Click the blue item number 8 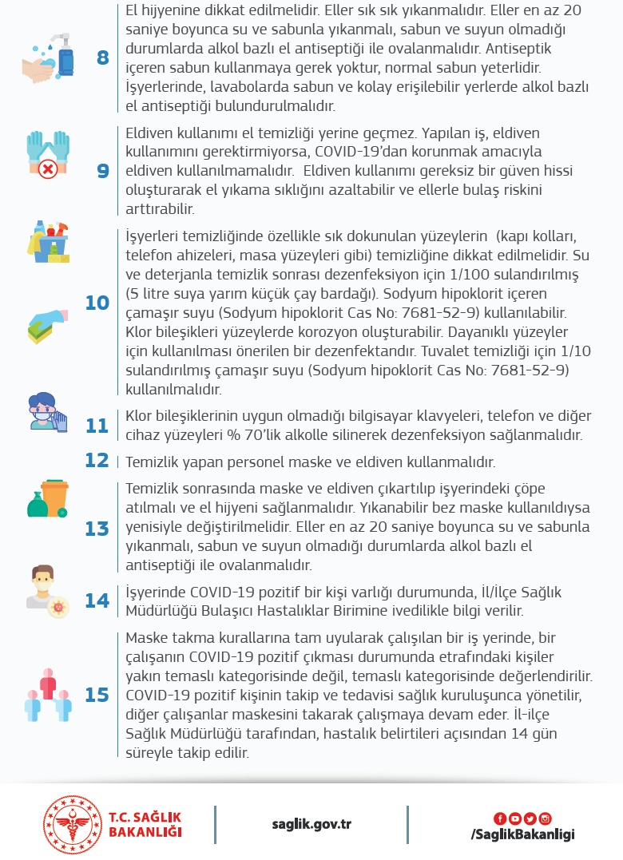point(103,57)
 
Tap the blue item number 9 point(103,171)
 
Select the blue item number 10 point(97,303)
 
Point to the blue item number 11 point(97,426)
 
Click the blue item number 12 point(97,461)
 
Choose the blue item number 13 point(97,529)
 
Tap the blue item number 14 point(97,600)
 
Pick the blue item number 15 point(97,695)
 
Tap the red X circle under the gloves point(47,168)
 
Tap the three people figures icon point(48,695)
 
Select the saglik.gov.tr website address point(311,825)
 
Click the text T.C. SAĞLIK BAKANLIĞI point(145,825)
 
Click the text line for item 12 point(311,462)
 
